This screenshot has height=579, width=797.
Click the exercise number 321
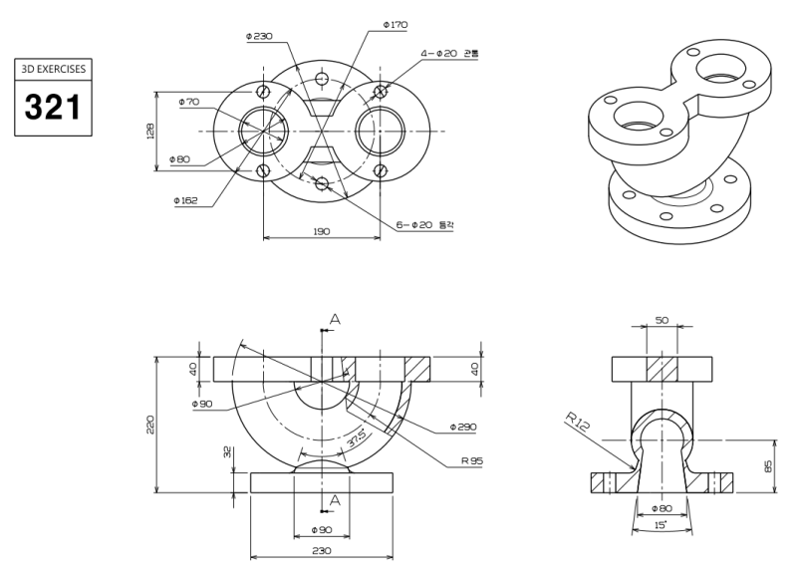click(x=54, y=106)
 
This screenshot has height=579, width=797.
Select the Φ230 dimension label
click(x=259, y=36)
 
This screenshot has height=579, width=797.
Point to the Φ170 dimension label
click(x=396, y=24)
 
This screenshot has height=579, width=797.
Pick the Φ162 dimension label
click(x=185, y=200)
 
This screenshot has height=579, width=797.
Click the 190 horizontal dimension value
click(x=321, y=231)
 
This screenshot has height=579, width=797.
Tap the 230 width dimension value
click(x=321, y=550)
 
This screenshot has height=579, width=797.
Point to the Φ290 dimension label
click(x=464, y=427)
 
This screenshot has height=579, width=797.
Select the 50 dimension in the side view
click(x=663, y=321)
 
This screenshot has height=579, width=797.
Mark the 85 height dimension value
click(x=768, y=465)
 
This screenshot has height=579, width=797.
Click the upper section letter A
click(x=335, y=319)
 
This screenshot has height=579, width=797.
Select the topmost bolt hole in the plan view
click(x=321, y=79)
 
